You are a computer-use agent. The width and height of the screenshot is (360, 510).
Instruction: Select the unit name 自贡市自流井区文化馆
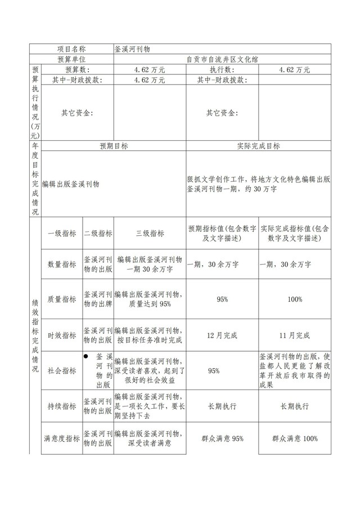[222, 59]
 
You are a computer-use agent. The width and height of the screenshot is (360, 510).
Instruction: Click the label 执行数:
[222, 70]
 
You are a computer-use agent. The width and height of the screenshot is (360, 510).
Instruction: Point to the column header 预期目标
[114, 146]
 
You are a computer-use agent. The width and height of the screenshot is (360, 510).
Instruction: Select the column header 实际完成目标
[259, 146]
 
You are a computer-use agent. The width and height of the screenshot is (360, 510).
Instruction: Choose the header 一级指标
[61, 234]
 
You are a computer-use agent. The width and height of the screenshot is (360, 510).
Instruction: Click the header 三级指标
[150, 234]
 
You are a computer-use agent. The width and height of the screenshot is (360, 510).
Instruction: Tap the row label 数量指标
[61, 264]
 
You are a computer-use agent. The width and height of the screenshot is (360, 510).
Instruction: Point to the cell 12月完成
[222, 335]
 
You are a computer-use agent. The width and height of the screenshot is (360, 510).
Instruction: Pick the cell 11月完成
[295, 335]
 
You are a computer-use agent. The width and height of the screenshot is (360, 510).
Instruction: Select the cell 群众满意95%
[222, 439]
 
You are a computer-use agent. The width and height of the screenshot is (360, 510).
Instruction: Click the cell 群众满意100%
[295, 439]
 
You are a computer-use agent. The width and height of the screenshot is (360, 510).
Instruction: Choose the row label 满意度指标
[61, 439]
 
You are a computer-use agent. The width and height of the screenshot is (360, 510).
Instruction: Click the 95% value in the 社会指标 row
[214, 371]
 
